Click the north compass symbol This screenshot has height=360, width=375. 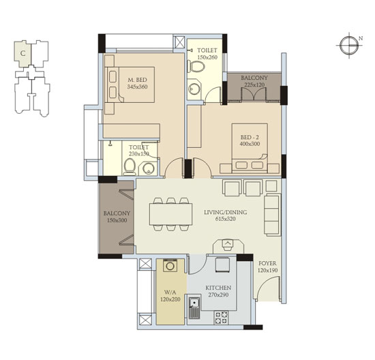[350, 45]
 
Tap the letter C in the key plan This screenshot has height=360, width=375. [22, 53]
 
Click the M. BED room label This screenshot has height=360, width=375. [137, 80]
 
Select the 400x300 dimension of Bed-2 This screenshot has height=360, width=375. [250, 144]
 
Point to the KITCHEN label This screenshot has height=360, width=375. [218, 288]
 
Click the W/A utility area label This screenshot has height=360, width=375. [170, 292]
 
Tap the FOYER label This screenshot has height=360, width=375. [267, 263]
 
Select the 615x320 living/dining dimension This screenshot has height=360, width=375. [225, 219]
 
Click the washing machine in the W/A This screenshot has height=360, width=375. [170, 265]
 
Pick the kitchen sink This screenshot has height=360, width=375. [194, 308]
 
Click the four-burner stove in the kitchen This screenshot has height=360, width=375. [221, 318]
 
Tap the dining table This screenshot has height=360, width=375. [170, 214]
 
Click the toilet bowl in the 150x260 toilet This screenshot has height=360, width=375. [196, 67]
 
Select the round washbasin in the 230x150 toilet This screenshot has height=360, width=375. [148, 168]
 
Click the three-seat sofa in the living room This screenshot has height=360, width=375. [272, 215]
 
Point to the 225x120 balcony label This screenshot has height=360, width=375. [254, 81]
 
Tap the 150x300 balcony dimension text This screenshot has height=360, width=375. [117, 220]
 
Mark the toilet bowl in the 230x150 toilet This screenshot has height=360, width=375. [130, 167]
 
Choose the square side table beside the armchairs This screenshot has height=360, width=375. [271, 185]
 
